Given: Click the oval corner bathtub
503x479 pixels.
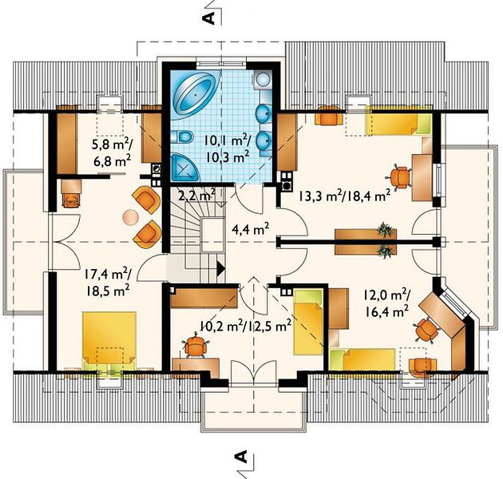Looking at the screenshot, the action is coord(192,95).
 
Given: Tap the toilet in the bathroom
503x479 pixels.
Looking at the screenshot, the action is coord(181,137).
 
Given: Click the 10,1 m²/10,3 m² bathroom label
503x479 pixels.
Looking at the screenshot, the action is coord(228,149).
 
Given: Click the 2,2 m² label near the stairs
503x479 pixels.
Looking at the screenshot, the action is coord(196,196).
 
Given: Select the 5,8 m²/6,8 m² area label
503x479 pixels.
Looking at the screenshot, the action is coord(112,153).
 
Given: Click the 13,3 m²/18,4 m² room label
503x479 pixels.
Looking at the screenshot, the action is coord(345,195).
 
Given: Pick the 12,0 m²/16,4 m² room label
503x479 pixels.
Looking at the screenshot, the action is coord(386,303).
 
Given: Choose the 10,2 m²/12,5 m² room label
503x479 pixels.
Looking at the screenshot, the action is coord(245,327).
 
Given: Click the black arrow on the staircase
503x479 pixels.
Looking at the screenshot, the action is coord(221,268).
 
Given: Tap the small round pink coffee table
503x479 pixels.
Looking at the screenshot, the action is coord(130,217).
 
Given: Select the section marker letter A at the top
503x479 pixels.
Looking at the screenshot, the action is coord(208,18).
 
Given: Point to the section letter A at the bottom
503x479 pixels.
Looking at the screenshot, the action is coord(241,456).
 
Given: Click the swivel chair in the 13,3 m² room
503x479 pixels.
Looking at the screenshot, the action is coord(399,176).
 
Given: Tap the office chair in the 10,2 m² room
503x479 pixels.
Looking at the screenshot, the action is coord(194,346).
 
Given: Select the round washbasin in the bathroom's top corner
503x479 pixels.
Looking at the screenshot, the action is coord(263,79).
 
